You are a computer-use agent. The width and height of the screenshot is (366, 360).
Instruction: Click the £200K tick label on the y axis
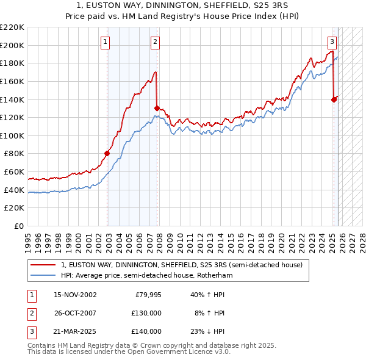click(13, 45)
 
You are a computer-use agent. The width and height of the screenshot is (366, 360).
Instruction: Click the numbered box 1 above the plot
click(106, 42)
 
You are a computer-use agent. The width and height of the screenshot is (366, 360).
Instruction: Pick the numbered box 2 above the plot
click(155, 42)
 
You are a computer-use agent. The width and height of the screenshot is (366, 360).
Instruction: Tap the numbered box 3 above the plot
click(332, 42)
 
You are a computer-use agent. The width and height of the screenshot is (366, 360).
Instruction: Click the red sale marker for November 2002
click(107, 154)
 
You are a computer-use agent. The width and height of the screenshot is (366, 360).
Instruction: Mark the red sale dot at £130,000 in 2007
click(157, 108)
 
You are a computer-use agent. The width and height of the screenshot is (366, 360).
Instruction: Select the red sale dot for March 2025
click(334, 99)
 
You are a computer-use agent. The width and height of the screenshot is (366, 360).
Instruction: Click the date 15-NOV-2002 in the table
click(75, 295)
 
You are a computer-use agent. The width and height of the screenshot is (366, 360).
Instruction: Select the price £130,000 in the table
click(146, 313)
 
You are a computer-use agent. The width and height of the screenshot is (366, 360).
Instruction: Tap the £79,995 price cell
click(147, 295)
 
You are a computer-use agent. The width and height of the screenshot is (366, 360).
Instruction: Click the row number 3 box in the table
click(30, 331)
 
